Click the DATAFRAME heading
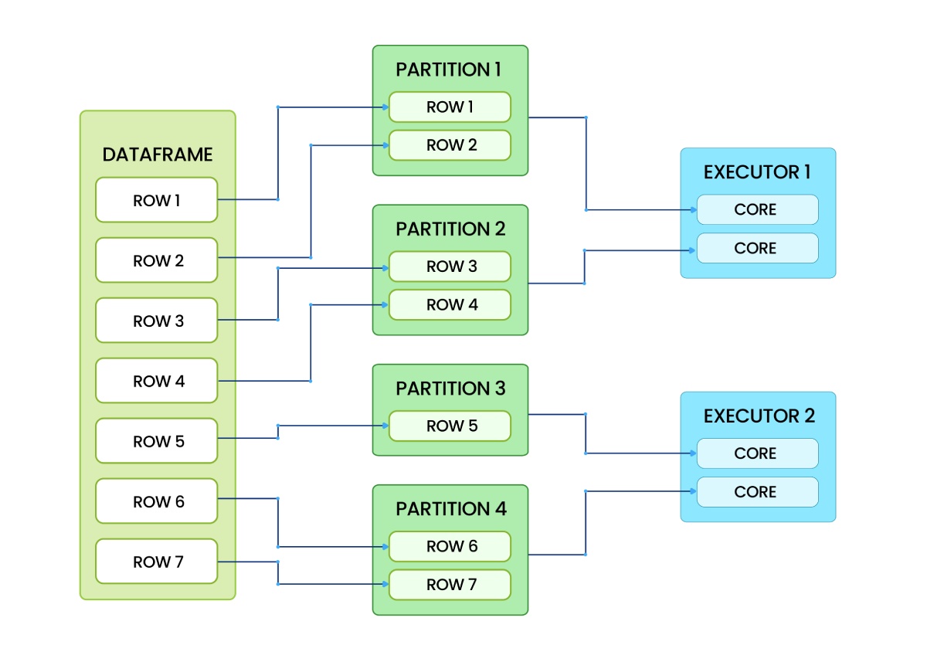pos(157,154)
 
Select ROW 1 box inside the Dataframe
pos(157,200)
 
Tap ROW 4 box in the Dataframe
pos(157,381)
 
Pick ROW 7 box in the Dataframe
pos(157,562)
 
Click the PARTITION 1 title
pos(449,70)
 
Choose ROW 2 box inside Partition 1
pos(450,145)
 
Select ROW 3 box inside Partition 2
pos(450,266)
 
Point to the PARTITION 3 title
pos(450,389)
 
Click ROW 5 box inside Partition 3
pos(450,426)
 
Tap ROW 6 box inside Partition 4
pos(450,546)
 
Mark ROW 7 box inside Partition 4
pos(450,585)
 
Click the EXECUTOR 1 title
pos(757,172)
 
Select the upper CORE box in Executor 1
pos(757,209)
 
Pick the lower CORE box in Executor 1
pos(757,248)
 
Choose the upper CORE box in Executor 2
pos(757,453)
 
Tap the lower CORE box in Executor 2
pos(757,492)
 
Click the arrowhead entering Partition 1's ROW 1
pos(384,107)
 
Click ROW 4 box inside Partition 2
pos(450,305)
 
